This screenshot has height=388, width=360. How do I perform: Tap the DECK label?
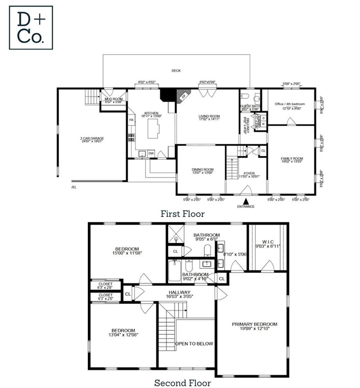[x=176, y=71]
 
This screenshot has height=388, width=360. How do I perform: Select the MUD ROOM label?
[x=114, y=100]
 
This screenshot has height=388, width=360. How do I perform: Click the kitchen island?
[x=153, y=128]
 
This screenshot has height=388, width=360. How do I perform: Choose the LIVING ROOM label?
[x=209, y=116]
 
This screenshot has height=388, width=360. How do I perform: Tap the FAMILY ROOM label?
[x=292, y=159]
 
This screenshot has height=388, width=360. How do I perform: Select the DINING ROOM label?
[x=203, y=169]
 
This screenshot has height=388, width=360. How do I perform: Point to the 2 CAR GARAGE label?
[x=92, y=139]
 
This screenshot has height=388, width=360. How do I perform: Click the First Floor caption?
[x=182, y=214]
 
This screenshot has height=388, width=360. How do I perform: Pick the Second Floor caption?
[x=182, y=382]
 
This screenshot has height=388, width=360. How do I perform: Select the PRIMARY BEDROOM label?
[x=254, y=324]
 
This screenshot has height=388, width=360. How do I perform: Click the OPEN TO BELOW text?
[x=194, y=344]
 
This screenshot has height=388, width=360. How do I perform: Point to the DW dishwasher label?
[x=151, y=153]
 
